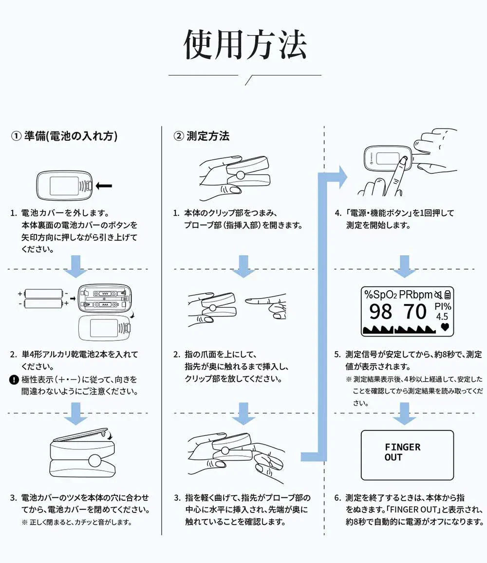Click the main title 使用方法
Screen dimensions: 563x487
tap(245, 45)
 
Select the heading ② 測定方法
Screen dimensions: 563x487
tap(202, 136)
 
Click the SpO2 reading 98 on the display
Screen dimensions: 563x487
tap(380, 312)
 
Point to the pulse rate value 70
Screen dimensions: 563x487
tap(415, 312)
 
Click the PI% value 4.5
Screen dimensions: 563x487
tap(442, 317)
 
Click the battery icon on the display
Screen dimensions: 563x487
tap(448, 294)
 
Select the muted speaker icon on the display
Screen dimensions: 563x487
tap(438, 294)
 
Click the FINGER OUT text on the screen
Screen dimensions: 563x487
tap(402, 452)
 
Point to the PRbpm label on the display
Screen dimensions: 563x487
tap(415, 294)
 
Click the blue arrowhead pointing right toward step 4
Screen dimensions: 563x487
tap(341, 178)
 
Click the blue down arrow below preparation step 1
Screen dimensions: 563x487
tap(76, 266)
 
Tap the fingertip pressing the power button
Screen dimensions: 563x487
tap(403, 159)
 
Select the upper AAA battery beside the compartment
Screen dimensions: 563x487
tap(44, 294)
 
